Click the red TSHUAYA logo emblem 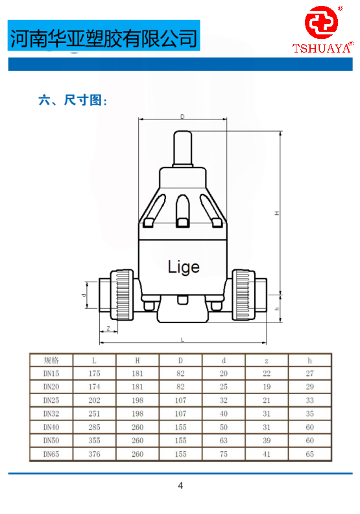321,22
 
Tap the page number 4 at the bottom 180,485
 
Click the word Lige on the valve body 184,267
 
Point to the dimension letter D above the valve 182,116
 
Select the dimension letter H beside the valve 277,213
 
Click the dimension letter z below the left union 108,328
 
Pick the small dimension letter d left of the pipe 84,295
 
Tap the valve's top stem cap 182,149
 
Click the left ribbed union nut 122,295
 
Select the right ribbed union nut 243,295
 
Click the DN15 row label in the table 51,373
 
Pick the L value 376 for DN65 94,454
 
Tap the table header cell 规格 51,360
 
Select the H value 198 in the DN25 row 138,400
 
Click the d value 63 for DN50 223,441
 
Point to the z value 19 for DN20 267,387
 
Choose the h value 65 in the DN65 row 309,454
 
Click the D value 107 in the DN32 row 180,413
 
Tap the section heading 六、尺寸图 73,100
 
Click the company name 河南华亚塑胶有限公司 104,38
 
